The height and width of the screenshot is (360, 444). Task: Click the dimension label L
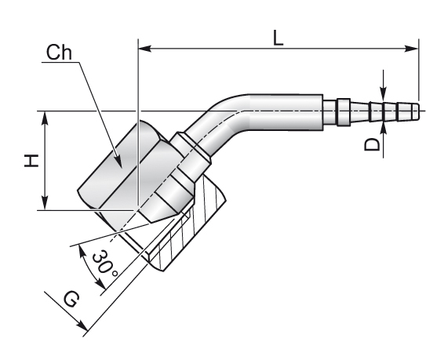pyautogui.click(x=278, y=38)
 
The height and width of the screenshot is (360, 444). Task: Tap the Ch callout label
pyautogui.click(x=59, y=53)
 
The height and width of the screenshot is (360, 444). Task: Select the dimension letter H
pyautogui.click(x=31, y=161)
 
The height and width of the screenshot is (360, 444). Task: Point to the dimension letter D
pyautogui.click(x=371, y=144)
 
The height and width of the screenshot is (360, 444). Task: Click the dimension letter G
pyautogui.click(x=70, y=300)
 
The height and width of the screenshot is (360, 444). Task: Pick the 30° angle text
pyautogui.click(x=104, y=264)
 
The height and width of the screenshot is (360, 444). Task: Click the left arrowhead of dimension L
pyautogui.click(x=144, y=49)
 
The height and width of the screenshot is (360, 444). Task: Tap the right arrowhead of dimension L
pyautogui.click(x=412, y=49)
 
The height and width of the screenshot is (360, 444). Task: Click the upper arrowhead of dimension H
pyautogui.click(x=45, y=118)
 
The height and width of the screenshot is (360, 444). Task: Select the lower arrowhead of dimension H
pyautogui.click(x=45, y=204)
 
